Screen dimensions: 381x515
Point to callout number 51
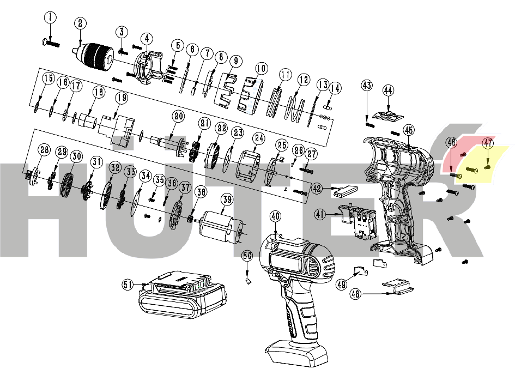(128, 284)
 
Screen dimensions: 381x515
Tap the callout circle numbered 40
(275, 216)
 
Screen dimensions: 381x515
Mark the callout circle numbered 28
(44, 151)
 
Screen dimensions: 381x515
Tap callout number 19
(120, 98)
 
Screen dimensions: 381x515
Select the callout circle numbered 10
(261, 69)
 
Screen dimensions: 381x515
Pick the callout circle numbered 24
(258, 138)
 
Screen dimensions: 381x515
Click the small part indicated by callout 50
(247, 281)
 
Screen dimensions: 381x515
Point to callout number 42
(318, 188)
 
